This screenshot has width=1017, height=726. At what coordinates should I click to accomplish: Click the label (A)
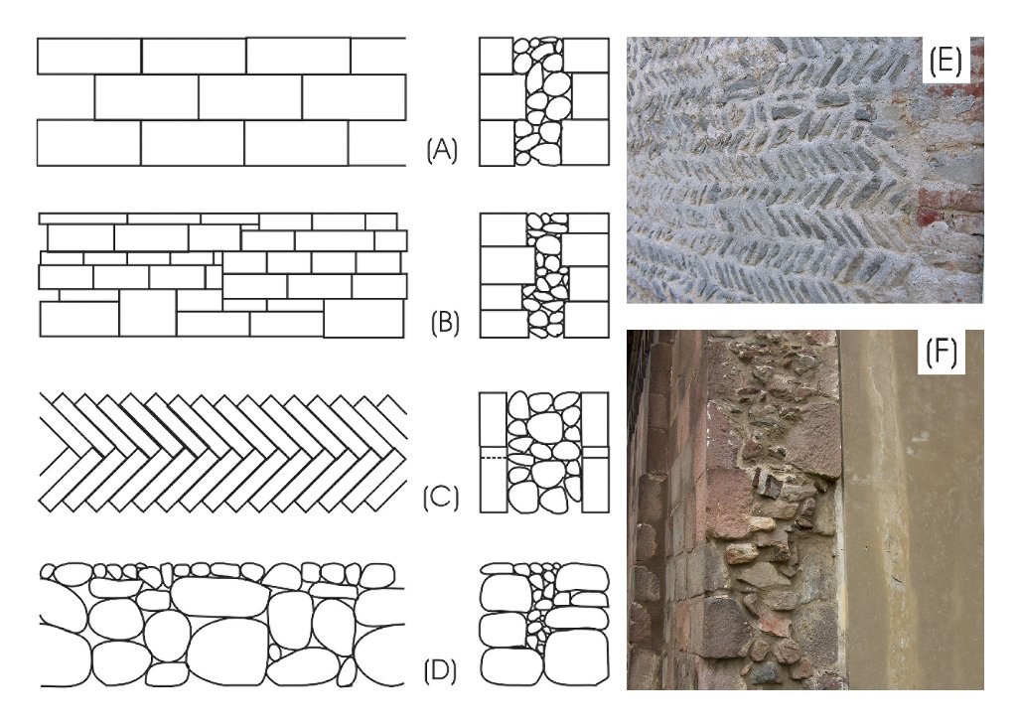[441, 151]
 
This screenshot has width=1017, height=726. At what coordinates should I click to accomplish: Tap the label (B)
[443, 325]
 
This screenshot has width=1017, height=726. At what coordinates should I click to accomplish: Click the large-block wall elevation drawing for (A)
[220, 100]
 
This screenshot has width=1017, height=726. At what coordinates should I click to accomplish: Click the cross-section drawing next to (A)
[543, 100]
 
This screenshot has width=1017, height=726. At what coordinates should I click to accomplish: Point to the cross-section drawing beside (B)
[543, 275]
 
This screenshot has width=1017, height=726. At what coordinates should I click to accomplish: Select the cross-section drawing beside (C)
[543, 452]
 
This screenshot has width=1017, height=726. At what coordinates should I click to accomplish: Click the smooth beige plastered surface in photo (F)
[914, 516]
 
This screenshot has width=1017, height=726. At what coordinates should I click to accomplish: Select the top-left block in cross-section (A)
[496, 56]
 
